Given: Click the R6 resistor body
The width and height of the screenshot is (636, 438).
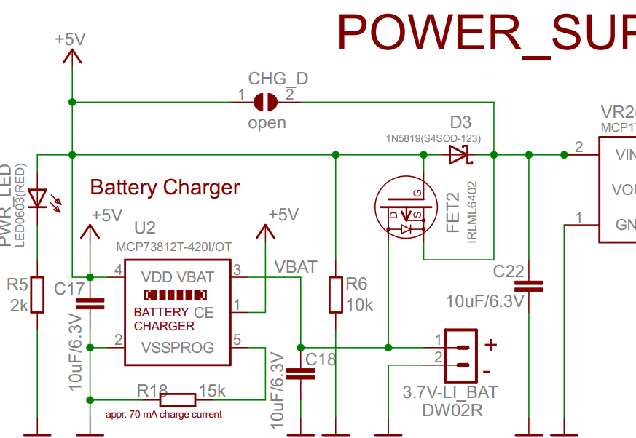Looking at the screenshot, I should coord(335,294).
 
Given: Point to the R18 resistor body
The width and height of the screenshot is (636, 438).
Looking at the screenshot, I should coord(178,399).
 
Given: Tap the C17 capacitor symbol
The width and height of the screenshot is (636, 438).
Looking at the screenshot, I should coord(91,304).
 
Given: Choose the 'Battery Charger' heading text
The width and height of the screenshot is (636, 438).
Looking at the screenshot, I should coord(165,188).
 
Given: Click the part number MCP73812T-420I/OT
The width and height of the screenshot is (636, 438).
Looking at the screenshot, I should coord(174,247).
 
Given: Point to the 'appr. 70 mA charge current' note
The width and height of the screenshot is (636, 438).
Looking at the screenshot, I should coord(159,415).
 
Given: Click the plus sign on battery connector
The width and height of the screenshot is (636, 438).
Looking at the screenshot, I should coord(490,343).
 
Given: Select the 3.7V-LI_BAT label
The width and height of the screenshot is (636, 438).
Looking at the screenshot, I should coord(450,393).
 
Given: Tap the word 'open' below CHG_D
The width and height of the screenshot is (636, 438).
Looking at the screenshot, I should coord(267,123).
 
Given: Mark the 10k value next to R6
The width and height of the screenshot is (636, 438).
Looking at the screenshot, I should coord(359,305).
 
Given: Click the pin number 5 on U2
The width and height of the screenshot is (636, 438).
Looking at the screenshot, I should coord(237,339).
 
